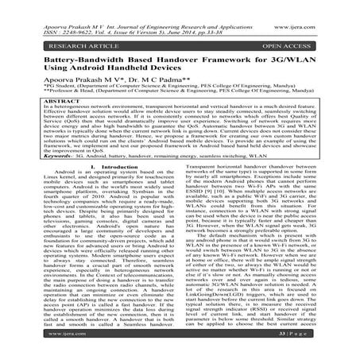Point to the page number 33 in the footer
coord(316,347)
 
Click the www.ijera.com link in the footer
coord(33,347)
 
